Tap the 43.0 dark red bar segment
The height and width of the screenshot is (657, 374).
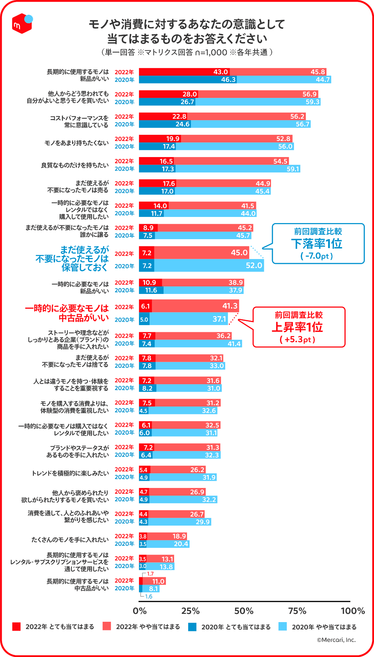coord(184,72)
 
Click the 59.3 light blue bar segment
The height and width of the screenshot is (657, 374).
coord(258,102)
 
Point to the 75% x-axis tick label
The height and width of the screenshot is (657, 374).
coord(297,611)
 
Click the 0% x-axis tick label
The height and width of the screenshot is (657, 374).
coord(140,611)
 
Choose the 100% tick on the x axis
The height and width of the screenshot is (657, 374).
coord(352,611)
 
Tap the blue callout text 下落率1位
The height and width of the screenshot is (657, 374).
coord(317,244)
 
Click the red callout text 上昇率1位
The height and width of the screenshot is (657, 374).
coord(297,327)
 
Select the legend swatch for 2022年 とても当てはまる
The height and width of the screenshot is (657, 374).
coord(16,627)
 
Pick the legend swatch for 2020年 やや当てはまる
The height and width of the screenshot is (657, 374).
coord(283,627)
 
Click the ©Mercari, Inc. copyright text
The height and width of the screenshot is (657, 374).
coord(336,640)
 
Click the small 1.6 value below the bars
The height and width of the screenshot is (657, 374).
coord(149,596)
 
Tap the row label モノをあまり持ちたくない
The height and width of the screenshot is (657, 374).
coord(76,143)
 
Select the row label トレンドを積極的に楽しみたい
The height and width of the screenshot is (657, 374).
coord(70,473)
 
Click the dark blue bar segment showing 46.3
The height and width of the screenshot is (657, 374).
coord(188,80)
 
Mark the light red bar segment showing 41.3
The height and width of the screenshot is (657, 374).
coord(195,306)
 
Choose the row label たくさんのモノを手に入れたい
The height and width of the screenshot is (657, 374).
coord(70,540)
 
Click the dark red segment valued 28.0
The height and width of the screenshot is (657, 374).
coord(168,94)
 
